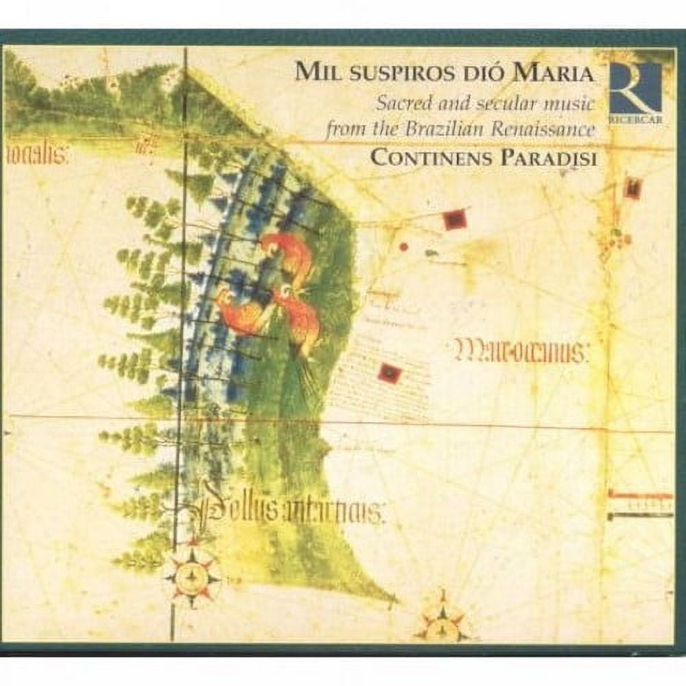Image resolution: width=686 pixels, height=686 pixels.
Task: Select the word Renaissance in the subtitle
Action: [553, 130]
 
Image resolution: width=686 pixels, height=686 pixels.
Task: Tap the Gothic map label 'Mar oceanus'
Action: [522, 354]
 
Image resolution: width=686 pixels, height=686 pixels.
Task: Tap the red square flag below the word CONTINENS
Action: [454, 220]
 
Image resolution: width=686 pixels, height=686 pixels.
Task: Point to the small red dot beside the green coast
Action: [404, 246]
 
